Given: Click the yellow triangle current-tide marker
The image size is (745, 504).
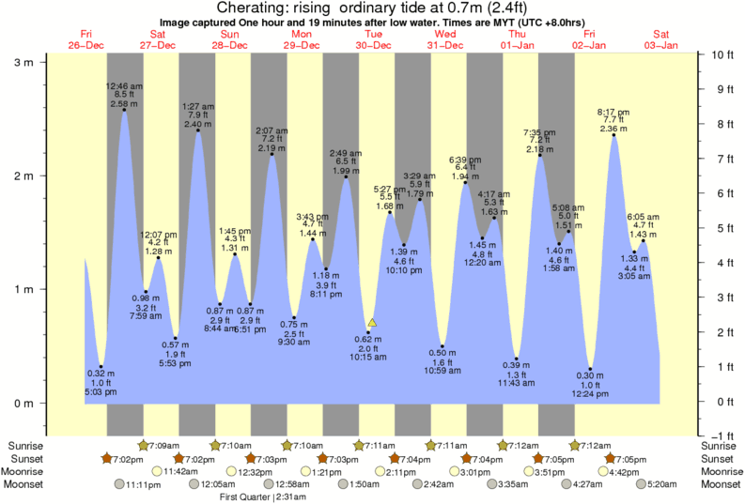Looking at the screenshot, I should [372, 323].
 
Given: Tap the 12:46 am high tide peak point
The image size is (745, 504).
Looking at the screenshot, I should [124, 111].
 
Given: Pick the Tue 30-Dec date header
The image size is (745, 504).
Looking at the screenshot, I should [373, 40].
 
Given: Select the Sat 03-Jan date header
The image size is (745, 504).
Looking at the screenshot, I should [661, 40].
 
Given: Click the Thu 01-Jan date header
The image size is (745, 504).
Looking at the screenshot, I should [518, 40].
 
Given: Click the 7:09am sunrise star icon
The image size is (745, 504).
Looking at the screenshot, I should [144, 445].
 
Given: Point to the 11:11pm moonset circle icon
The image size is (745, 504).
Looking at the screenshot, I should [119, 484].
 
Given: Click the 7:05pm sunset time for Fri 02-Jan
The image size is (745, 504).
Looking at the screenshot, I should [635, 458].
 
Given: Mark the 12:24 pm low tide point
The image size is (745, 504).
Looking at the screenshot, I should [591, 369].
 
